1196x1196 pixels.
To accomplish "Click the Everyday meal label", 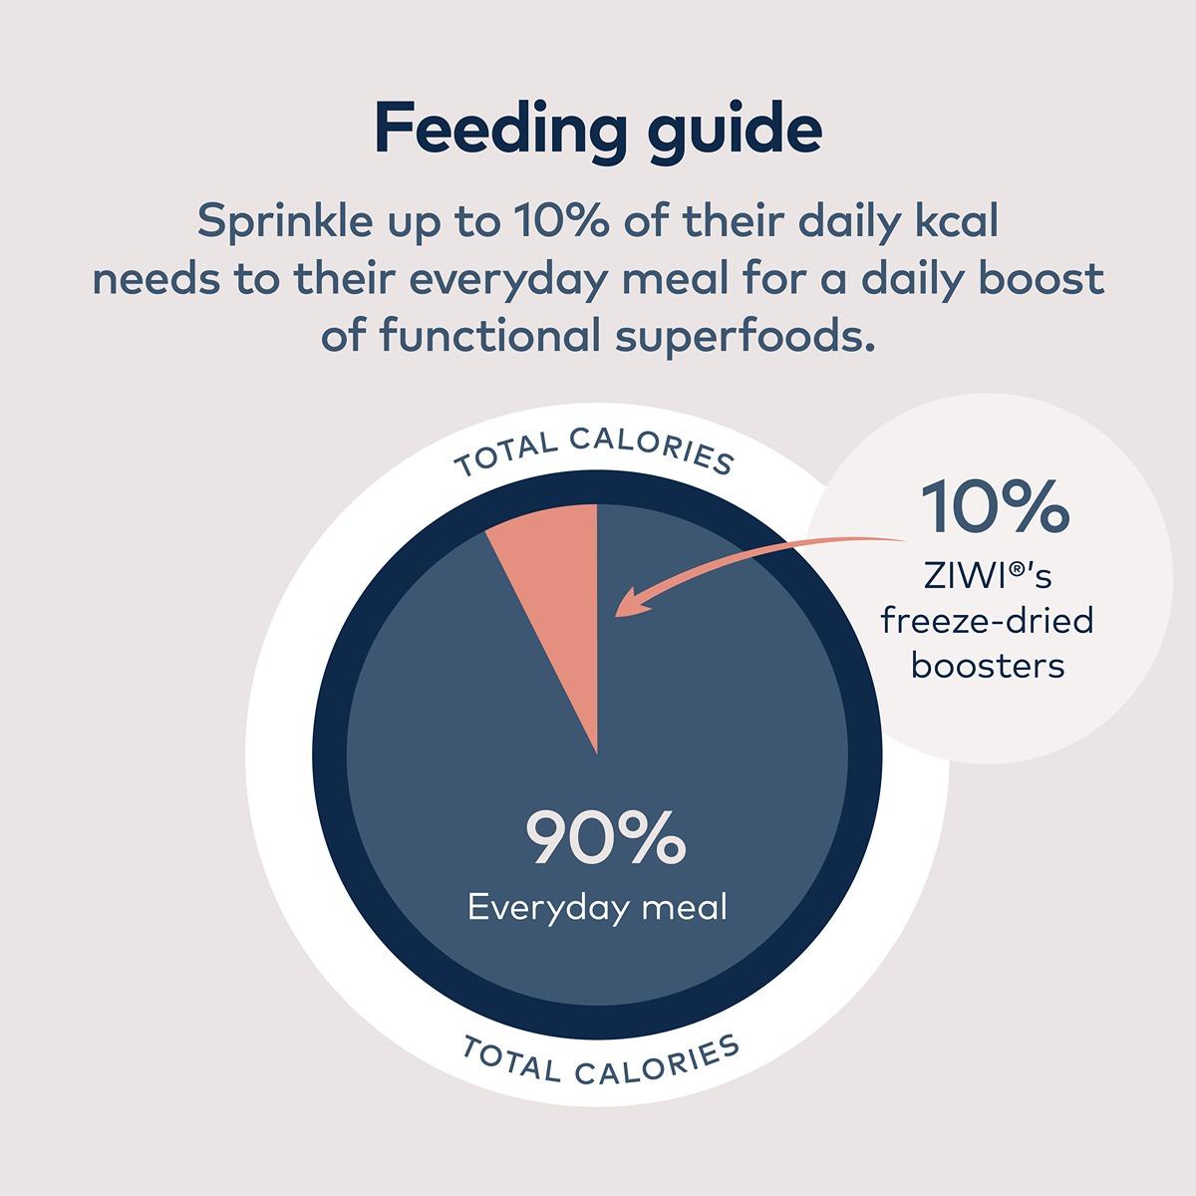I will (598, 908).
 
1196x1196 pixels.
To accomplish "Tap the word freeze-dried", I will (987, 621).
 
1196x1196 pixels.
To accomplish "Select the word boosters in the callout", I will (988, 664).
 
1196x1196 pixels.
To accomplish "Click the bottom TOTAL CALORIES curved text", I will (601, 1060).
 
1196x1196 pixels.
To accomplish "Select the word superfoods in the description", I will (756, 337).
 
